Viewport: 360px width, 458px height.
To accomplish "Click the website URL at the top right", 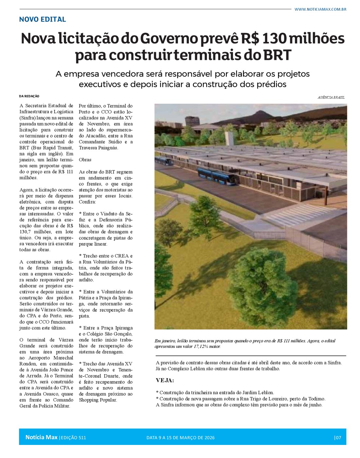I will (320, 9).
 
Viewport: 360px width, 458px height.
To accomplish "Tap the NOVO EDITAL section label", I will (43, 19).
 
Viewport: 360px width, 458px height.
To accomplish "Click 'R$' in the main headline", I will (250, 39).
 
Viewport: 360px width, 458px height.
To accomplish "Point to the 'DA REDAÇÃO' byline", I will (29, 96).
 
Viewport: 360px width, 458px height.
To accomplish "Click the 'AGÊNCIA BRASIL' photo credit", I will (331, 97).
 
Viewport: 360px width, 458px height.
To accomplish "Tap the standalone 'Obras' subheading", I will (85, 160).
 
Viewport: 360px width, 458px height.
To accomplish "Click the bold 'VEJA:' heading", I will (165, 380).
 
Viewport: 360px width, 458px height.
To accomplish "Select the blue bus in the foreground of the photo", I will (216, 176).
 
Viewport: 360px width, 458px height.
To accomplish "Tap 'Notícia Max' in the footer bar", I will (41, 437).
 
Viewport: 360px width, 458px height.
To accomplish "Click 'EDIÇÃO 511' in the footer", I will (73, 438).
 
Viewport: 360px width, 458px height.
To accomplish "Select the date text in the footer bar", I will (180, 438).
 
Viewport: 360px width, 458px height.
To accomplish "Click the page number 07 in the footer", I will (338, 438).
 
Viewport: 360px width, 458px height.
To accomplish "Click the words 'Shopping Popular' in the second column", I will (98, 400).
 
